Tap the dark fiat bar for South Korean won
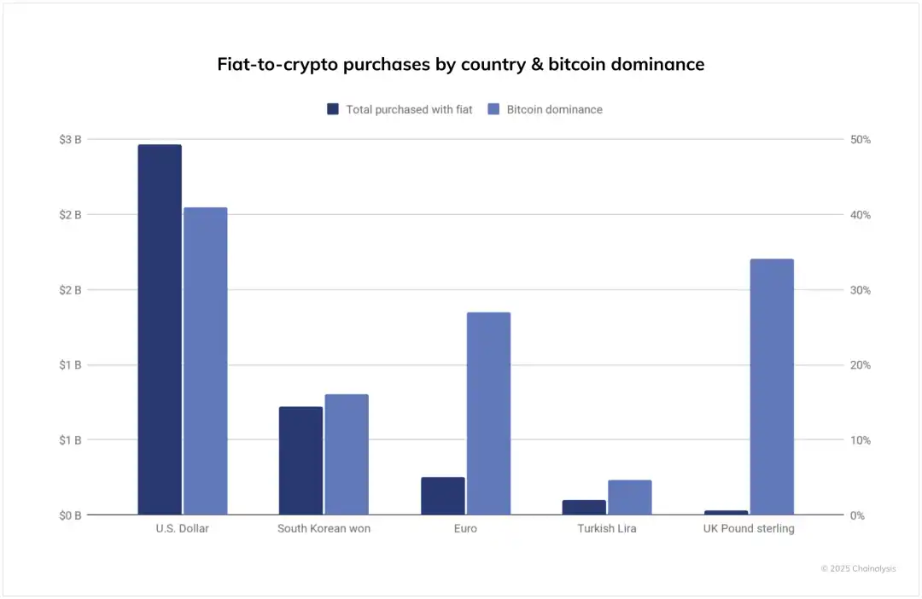pyautogui.click(x=301, y=461)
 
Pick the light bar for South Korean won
pyautogui.click(x=347, y=454)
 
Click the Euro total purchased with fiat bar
pyautogui.click(x=442, y=496)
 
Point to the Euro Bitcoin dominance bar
pyautogui.click(x=488, y=414)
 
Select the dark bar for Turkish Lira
pyautogui.click(x=584, y=507)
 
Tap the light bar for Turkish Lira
pyautogui.click(x=630, y=497)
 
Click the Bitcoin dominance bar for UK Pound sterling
pyautogui.click(x=772, y=387)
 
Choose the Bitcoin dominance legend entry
pyautogui.click(x=546, y=109)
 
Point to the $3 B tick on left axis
pyautogui.click(x=70, y=139)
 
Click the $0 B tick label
pyautogui.click(x=70, y=515)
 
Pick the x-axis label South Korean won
pyautogui.click(x=324, y=529)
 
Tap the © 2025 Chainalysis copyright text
pyautogui.click(x=858, y=568)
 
